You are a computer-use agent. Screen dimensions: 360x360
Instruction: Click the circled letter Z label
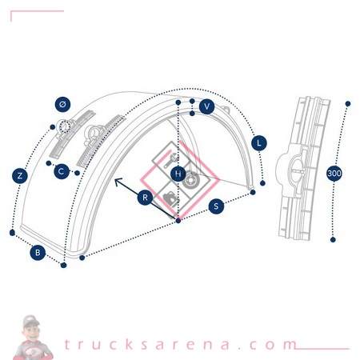(x=20, y=176)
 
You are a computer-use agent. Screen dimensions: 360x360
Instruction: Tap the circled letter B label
(x=38, y=252)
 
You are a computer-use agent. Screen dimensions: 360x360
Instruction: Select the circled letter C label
(x=62, y=171)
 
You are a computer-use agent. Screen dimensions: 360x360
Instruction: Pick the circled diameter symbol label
(x=62, y=104)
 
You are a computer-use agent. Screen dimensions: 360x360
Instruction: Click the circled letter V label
(x=206, y=106)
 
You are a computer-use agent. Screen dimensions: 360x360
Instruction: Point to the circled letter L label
(x=259, y=143)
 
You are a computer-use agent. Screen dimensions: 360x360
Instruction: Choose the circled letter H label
(x=178, y=174)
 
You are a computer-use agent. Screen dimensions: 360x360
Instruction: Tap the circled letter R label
(x=146, y=198)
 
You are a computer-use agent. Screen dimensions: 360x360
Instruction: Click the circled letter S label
(x=216, y=206)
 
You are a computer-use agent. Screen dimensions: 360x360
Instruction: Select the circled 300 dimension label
(x=334, y=174)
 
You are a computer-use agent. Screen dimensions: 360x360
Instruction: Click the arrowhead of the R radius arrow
(x=117, y=180)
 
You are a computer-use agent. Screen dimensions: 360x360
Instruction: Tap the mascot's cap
(x=30, y=321)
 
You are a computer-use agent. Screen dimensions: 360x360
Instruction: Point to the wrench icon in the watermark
(x=170, y=159)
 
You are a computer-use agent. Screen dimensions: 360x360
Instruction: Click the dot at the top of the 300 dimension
(x=348, y=104)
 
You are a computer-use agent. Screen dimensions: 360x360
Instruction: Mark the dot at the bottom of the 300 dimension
(x=333, y=240)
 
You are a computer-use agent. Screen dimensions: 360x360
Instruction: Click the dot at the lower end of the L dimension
(x=262, y=183)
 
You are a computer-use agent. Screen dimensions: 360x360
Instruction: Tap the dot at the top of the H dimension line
(x=178, y=102)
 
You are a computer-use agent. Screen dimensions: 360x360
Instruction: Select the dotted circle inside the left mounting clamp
(x=64, y=126)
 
